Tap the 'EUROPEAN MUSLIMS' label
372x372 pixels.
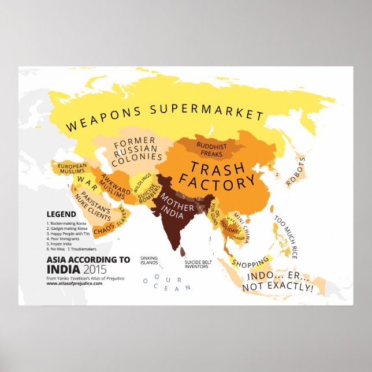click(x=72, y=169)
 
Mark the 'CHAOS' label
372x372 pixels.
click(x=105, y=229)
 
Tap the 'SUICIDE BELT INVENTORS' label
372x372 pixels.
click(x=199, y=265)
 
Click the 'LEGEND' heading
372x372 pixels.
click(x=61, y=214)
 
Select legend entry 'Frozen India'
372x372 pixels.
click(x=63, y=243)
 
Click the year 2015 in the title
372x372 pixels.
click(x=97, y=269)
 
